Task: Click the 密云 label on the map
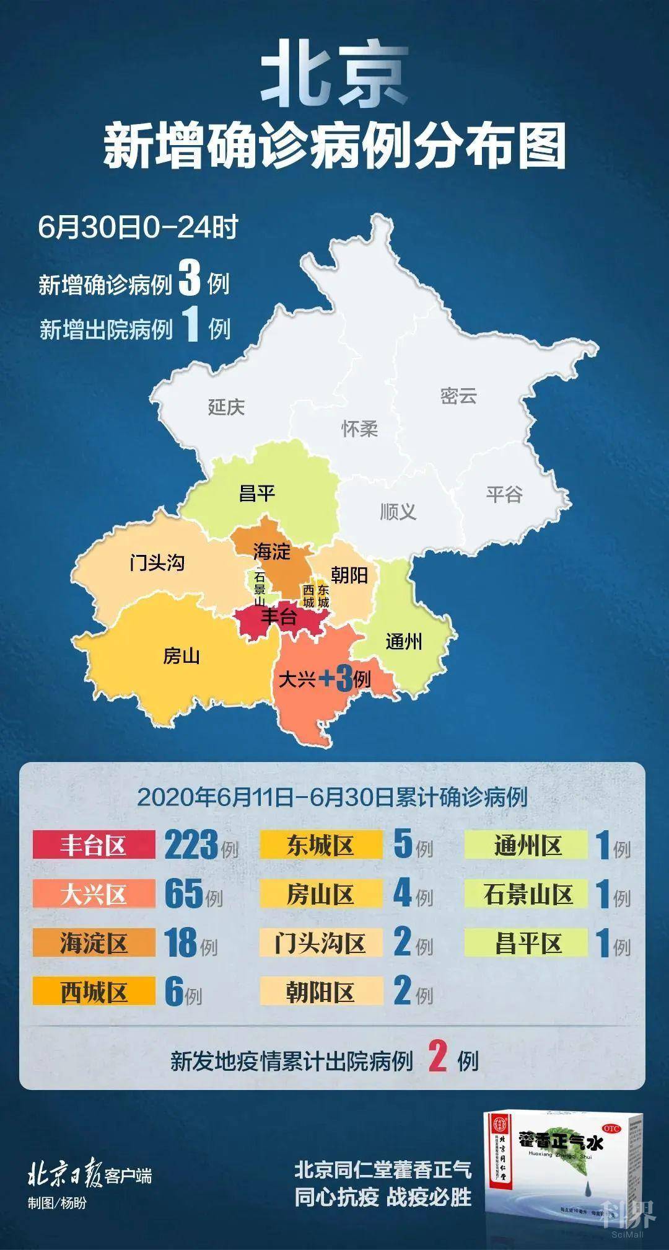458,396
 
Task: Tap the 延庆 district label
226,407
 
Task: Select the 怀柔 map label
359,428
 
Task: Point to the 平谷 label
504,494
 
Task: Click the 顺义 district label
398,512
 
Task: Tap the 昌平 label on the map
256,494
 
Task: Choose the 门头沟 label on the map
157,562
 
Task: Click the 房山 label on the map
181,655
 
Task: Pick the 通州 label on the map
404,641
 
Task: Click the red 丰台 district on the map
279,618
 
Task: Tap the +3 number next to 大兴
336,680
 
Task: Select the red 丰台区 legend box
94,845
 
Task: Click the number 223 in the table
191,844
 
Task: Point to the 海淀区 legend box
94,943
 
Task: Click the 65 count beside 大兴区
184,893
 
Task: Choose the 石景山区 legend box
527,894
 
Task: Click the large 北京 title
334,76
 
